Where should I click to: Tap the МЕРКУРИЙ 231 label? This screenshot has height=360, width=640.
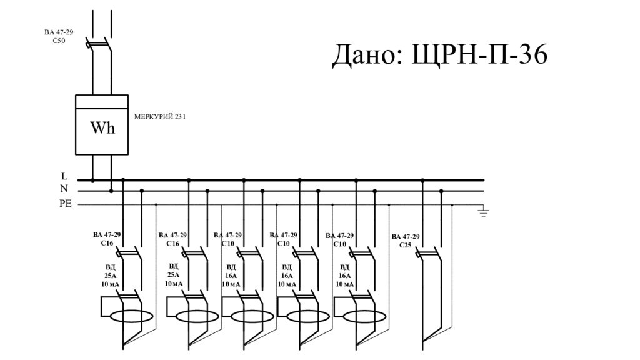[161, 116]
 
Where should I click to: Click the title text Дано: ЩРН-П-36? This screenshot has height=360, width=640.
[439, 56]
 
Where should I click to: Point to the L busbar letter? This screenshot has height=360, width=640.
[64, 177]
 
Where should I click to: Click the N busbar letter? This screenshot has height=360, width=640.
[64, 189]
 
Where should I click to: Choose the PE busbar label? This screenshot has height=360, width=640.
[66, 204]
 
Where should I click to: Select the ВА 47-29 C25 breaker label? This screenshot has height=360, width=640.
[406, 241]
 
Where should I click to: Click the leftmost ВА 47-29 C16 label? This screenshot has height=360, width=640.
[107, 239]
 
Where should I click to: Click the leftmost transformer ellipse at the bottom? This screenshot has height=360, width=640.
[132, 316]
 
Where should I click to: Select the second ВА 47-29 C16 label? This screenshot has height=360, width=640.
[173, 239]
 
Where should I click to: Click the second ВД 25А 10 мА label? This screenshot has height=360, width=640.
[174, 275]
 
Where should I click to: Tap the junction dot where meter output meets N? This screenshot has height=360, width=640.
[111, 191]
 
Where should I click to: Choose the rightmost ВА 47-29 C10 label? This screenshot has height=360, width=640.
[340, 239]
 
